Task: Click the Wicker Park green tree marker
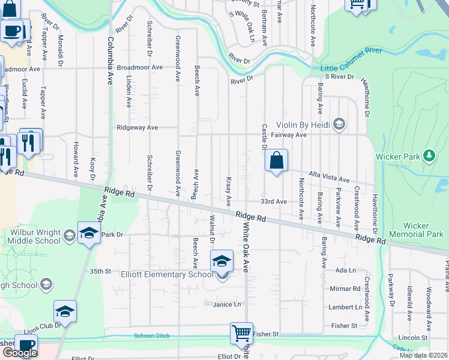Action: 429,156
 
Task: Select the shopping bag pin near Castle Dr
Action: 276,161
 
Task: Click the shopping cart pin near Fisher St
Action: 241,333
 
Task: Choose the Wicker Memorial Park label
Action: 416,230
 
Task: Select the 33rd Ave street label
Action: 273,202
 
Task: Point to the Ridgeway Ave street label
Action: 137,127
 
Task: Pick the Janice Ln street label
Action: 226,305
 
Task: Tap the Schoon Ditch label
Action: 152,336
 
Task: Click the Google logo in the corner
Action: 20,353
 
